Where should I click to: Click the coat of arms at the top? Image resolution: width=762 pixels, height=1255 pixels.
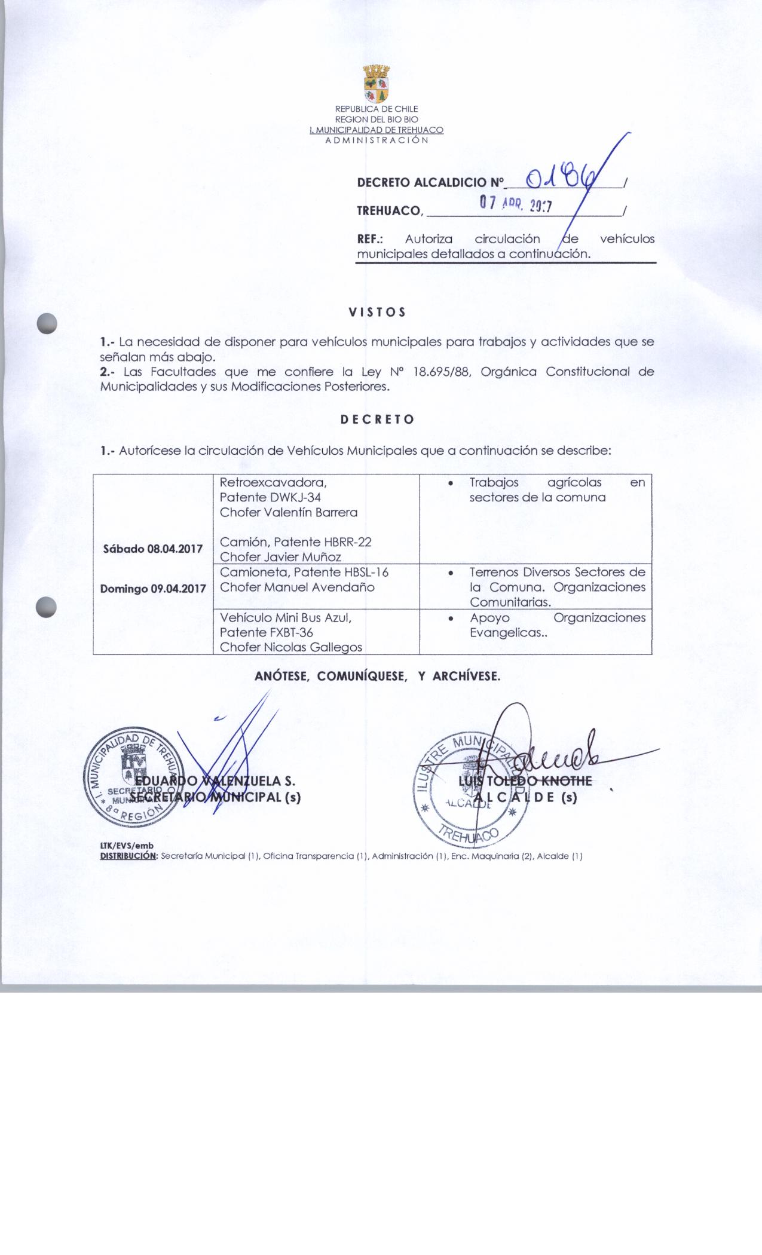tap(377, 85)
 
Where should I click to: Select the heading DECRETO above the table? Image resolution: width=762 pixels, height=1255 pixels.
tap(377, 420)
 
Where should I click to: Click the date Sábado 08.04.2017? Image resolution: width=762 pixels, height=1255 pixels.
tap(153, 549)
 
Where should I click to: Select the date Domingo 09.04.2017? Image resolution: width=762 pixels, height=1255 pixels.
tap(153, 589)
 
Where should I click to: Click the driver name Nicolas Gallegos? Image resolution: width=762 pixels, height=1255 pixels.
tap(311, 647)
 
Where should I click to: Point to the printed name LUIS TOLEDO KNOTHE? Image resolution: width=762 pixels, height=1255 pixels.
tap(525, 781)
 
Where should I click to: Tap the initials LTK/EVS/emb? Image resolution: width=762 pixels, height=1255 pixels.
tap(127, 846)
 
